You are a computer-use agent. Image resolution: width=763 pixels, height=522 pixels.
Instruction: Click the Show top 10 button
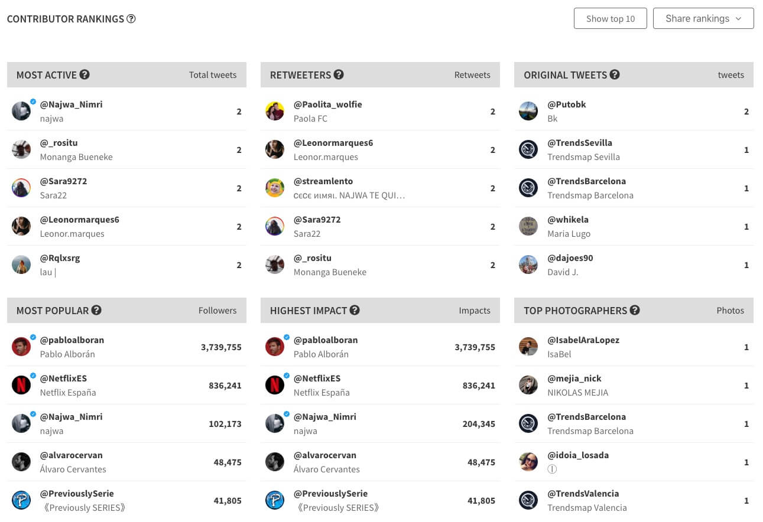[x=610, y=18]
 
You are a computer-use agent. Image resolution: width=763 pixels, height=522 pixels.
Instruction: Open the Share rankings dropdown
[x=703, y=18]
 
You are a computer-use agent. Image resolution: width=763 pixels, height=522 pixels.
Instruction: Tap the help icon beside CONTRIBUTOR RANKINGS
[x=131, y=19]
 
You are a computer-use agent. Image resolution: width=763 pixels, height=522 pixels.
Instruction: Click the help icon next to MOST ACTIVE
[x=85, y=74]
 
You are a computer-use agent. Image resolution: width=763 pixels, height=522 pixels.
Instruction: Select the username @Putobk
[x=566, y=105]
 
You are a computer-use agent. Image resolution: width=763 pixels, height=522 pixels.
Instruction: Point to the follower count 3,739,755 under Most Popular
[x=221, y=347]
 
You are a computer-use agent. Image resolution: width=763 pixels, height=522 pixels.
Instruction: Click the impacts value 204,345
[x=475, y=424]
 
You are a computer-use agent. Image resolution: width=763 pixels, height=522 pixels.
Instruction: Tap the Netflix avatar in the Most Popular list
[x=21, y=385]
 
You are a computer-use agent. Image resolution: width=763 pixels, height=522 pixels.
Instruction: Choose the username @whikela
[x=567, y=220]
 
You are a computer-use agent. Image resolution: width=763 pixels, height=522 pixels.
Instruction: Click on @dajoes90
[x=570, y=258]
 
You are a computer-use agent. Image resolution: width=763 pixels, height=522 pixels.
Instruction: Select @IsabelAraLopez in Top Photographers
[x=583, y=340]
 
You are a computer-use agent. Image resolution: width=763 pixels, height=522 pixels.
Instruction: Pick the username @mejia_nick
[x=574, y=379]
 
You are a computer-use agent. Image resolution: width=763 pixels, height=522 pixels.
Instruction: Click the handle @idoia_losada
[x=577, y=455]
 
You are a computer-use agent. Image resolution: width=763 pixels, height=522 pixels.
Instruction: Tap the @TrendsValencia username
[x=583, y=494]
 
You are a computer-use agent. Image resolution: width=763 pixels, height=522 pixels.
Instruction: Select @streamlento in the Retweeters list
[x=323, y=181]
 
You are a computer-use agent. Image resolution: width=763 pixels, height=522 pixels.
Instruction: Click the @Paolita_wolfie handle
[x=327, y=105]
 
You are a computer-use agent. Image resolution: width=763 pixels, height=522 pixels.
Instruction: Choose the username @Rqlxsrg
[x=60, y=258]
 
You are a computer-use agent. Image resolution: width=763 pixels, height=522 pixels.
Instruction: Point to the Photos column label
[x=730, y=311]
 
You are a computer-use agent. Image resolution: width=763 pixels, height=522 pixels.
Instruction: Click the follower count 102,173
[x=225, y=424]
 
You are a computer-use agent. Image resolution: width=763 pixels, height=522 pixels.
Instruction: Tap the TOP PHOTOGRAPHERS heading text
[x=574, y=311]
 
